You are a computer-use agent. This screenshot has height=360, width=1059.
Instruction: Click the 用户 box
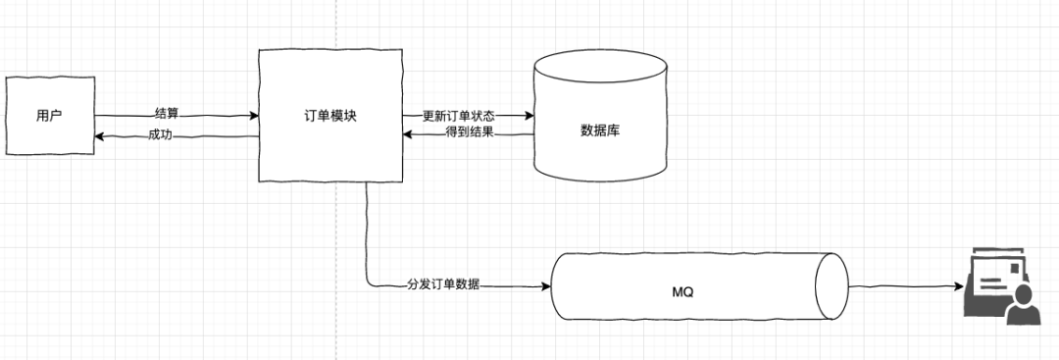coord(49,115)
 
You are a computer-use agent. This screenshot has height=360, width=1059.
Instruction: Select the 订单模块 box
coord(330,115)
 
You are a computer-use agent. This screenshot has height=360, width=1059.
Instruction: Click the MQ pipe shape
coord(686,286)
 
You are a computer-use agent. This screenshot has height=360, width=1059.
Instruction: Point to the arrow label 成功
coord(160,135)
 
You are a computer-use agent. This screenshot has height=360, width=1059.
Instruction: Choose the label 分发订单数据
coord(443,286)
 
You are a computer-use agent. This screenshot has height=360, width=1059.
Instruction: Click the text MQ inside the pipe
coord(683,292)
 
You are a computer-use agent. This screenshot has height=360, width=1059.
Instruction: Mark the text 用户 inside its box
coord(48,116)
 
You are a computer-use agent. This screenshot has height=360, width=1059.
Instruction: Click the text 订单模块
coord(330,115)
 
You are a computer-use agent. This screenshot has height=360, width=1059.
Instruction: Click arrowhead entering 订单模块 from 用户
coord(254,116)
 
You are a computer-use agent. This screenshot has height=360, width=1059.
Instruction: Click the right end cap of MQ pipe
coord(830,286)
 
